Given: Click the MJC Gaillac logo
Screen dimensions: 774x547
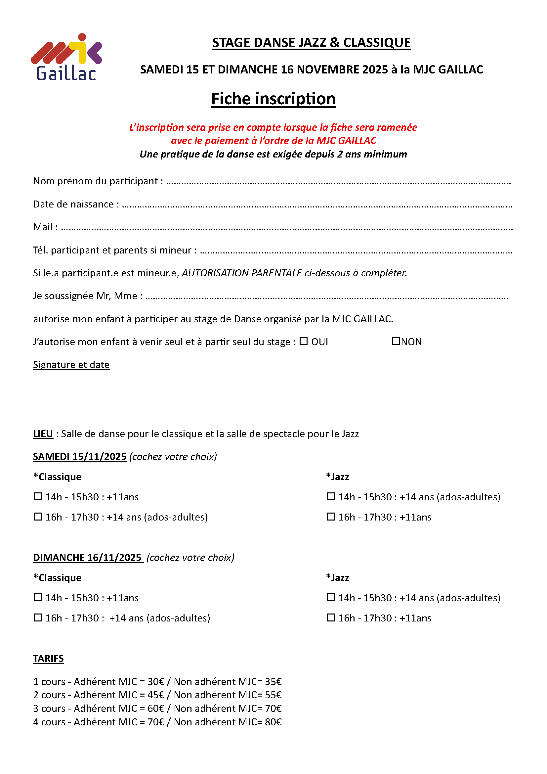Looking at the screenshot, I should pyautogui.click(x=66, y=57).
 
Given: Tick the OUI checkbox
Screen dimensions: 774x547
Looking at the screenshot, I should pyautogui.click(x=304, y=341).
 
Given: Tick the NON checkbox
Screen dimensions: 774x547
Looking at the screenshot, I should pyautogui.click(x=396, y=341).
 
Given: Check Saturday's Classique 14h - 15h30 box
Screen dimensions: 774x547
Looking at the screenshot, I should pyautogui.click(x=38, y=497).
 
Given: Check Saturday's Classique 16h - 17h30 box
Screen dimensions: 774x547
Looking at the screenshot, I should pyautogui.click(x=38, y=517).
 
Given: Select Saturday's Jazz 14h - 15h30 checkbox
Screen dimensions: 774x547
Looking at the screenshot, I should pyautogui.click(x=331, y=497).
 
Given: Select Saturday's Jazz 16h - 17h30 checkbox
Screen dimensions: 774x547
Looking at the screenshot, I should pyautogui.click(x=331, y=517).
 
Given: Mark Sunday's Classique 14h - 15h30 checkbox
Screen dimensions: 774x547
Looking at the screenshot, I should pyautogui.click(x=38, y=598).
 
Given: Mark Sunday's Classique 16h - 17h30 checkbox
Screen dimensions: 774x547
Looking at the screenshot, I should pyautogui.click(x=38, y=618).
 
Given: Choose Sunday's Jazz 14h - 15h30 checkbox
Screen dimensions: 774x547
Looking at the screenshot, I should pyautogui.click(x=331, y=598).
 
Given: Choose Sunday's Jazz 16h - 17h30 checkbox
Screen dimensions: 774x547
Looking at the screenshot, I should pyautogui.click(x=331, y=618).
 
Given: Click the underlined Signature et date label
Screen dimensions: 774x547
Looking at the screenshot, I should pyautogui.click(x=71, y=365).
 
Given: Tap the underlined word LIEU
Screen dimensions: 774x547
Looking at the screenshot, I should pyautogui.click(x=43, y=434).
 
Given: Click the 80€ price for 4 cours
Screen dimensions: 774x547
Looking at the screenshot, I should pyautogui.click(x=273, y=722).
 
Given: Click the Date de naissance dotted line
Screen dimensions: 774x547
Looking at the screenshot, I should pyautogui.click(x=316, y=205).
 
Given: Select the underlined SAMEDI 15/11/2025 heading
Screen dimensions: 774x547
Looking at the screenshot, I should pyautogui.click(x=79, y=457).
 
